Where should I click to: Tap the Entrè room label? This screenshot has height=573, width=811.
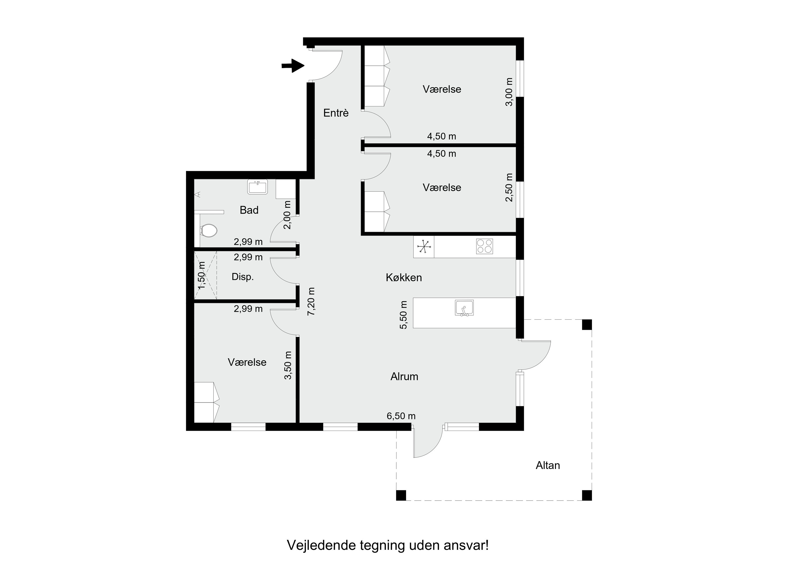coord(336,113)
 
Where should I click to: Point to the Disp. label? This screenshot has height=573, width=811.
coord(243,277)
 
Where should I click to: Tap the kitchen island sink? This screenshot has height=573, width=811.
coord(464,308)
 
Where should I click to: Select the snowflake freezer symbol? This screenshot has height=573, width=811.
coord(424,246)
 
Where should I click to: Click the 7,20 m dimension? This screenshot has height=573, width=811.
coord(311,301)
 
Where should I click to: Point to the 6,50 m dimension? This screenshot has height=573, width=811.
coord(401,416)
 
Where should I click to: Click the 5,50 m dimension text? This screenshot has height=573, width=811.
coord(403,314)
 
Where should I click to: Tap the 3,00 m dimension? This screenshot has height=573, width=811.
coord(509,92)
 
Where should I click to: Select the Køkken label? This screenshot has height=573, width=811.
coord(404,277)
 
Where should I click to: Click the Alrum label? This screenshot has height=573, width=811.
coord(404,377)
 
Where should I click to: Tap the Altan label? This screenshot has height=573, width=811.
coord(547,465)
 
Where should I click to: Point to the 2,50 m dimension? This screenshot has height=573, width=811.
coord(509,187)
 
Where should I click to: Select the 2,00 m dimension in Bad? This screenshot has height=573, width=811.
coord(288,215)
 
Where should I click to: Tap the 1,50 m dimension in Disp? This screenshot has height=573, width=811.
coord(201,275)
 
